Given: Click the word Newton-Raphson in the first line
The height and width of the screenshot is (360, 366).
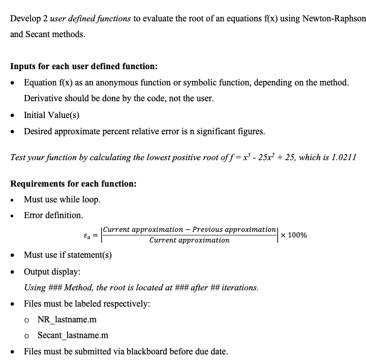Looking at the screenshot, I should pyautogui.click(x=333, y=18).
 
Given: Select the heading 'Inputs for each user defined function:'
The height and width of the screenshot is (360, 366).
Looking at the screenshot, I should pyautogui.click(x=84, y=66).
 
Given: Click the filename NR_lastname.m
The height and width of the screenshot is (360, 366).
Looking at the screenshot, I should pyautogui.click(x=67, y=320).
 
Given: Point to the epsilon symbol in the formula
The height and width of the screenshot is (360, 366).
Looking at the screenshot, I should pyautogui.click(x=86, y=235).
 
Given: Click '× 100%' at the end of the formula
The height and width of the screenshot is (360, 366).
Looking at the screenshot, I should pyautogui.click(x=293, y=235).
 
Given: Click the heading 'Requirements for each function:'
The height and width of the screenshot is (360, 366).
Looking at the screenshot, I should pyautogui.click(x=73, y=184).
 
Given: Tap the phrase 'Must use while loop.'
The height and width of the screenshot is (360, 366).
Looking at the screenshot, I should pyautogui.click(x=62, y=199).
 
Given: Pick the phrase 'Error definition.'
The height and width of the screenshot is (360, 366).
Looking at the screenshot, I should pyautogui.click(x=53, y=215).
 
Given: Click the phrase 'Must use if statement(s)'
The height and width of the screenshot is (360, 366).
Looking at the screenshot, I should pyautogui.click(x=68, y=255).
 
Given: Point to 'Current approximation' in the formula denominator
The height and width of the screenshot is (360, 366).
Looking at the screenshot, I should pyautogui.click(x=189, y=241).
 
